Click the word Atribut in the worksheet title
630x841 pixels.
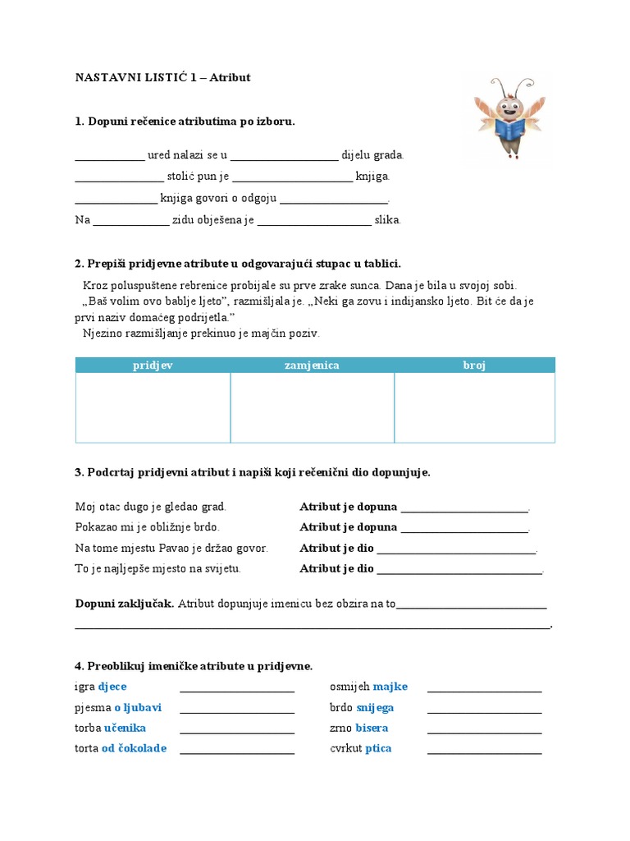coord(230,78)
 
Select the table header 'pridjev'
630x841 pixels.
coord(153,365)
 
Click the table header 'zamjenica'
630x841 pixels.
coord(312,365)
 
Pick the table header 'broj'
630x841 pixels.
coord(474,365)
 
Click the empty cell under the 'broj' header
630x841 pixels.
coord(474,407)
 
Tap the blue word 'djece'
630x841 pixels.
coord(112,687)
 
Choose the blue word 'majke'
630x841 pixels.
coord(390,687)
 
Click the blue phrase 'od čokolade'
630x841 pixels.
coord(134,748)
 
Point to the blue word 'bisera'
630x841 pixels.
coord(372,728)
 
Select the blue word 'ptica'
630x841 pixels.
coord(378,748)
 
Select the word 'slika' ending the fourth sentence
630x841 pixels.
coord(387,220)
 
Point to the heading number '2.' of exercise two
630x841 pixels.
coord(80,264)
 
